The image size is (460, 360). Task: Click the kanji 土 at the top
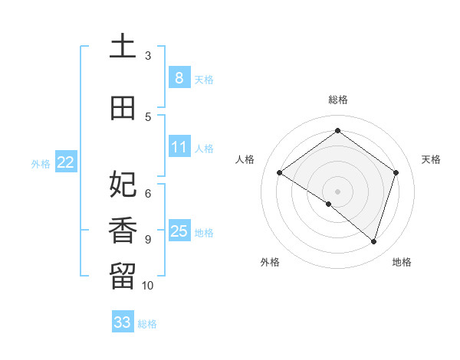(123, 47)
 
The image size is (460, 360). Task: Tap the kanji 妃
(123, 185)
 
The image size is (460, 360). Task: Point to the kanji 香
(123, 231)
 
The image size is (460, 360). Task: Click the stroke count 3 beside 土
(148, 55)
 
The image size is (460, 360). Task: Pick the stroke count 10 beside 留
(148, 286)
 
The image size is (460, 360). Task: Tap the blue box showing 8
(179, 78)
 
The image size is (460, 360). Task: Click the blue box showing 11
(179, 147)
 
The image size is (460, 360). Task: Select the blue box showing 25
(179, 231)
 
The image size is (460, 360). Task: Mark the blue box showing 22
(66, 162)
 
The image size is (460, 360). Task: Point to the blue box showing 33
(122, 322)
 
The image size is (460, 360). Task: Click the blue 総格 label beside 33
(147, 324)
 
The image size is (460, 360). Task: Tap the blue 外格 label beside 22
(41, 164)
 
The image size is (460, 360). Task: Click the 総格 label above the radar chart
(337, 100)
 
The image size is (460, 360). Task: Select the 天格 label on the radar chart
(432, 159)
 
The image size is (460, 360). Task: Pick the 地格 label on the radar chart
(402, 263)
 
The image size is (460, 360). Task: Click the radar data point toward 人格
(279, 173)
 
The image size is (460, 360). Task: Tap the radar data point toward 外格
(329, 204)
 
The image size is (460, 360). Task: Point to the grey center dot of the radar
(337, 191)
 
